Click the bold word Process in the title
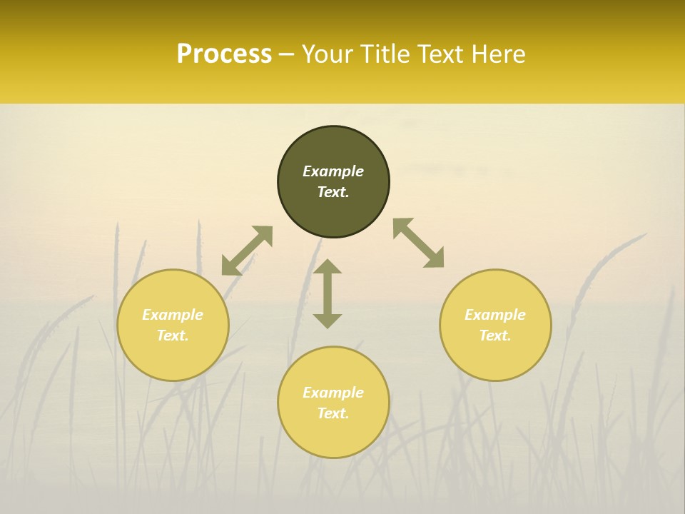pos(224,54)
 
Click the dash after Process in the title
pos(286,55)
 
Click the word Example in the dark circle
pos(333,171)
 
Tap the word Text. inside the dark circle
pos(333,192)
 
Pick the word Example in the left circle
pos(173,315)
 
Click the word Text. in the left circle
pos(173,336)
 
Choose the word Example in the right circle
pos(495,315)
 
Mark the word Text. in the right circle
pos(495,336)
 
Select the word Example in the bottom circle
pos(333,393)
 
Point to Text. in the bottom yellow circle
pos(333,413)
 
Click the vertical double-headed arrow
pos(328,293)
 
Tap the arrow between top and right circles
pos(419,243)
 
